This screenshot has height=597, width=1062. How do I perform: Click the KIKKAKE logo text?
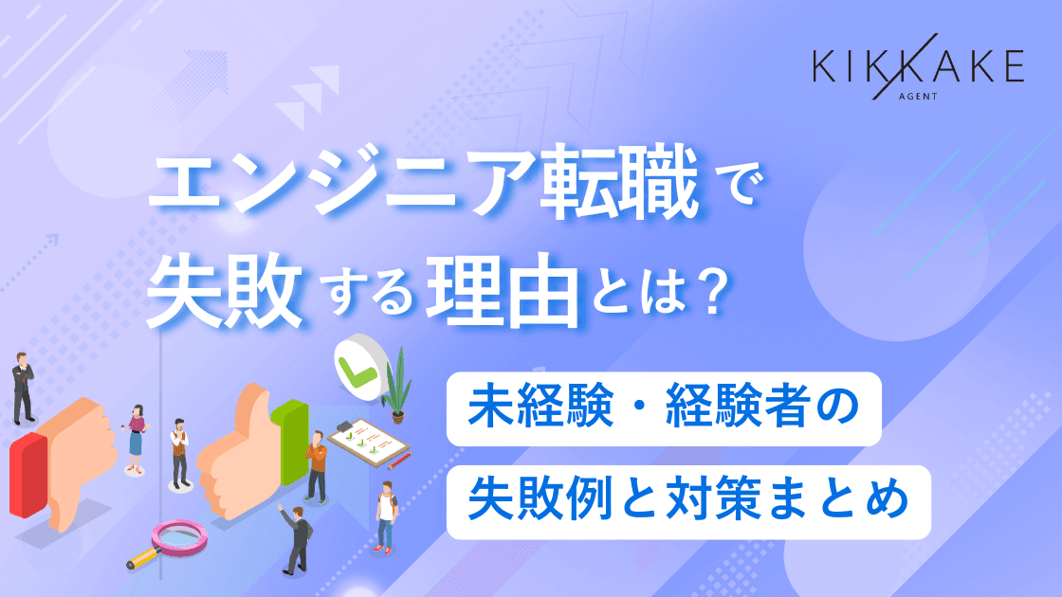click(918, 67)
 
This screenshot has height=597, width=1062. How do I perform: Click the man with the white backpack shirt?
click(385, 516)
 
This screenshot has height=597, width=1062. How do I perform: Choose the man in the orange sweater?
click(317, 465)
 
